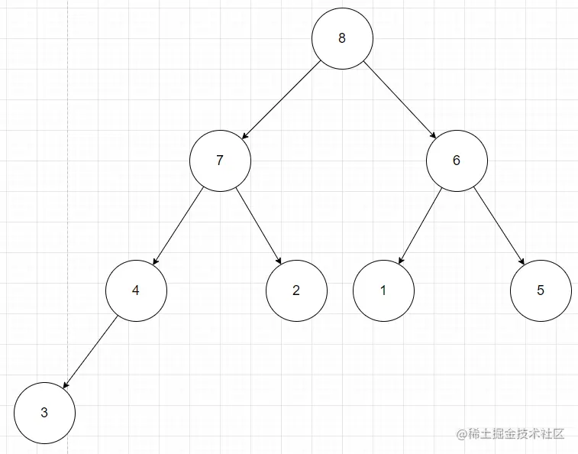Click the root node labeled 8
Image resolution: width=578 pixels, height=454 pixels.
[342, 39]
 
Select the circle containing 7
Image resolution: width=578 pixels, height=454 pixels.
[220, 161]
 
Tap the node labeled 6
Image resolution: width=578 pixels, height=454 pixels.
[457, 161]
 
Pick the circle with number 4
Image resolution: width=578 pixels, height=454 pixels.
[136, 290]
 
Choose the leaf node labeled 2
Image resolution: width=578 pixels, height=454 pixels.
[296, 290]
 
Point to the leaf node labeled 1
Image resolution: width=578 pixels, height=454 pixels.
[383, 290]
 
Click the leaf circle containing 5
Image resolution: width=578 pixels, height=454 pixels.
[541, 290]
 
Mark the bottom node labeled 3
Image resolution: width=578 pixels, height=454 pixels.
[44, 413]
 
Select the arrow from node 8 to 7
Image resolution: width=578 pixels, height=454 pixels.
[281, 100]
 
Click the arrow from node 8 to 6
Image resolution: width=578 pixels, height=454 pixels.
[399, 100]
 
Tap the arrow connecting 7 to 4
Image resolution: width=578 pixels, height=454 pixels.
[178, 225]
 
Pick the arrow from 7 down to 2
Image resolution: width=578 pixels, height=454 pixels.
[259, 225]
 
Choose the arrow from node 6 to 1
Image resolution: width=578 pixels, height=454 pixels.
[420, 225]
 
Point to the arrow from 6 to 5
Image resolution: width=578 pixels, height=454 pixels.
[499, 225]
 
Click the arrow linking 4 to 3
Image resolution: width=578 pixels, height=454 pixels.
[89, 352]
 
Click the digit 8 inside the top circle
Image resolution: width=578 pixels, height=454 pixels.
[342, 39]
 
